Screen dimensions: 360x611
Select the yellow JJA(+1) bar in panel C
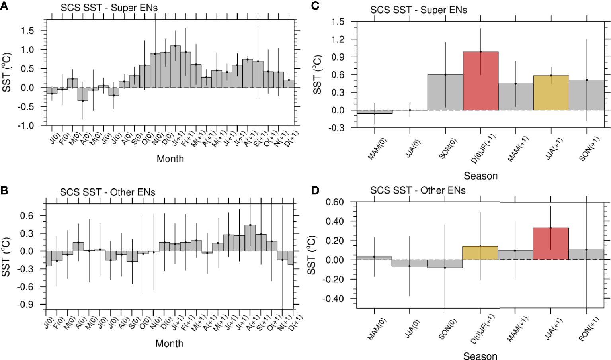click(551, 93)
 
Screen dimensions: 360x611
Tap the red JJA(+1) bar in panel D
click(551, 244)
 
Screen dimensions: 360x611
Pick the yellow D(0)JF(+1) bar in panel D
click(480, 253)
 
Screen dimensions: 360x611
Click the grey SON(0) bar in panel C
click(445, 92)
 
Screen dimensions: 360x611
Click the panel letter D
click(314, 191)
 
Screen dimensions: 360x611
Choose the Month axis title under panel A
click(170, 159)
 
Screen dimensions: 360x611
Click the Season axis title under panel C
click(480, 176)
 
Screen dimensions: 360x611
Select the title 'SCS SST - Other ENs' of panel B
click(107, 192)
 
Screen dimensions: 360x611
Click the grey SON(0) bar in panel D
click(445, 264)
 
